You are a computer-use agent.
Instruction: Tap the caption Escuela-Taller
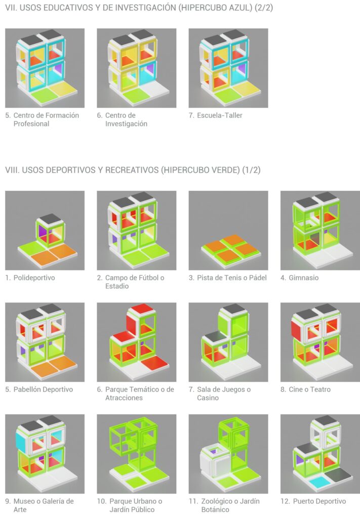220,115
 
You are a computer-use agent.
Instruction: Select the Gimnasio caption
303,278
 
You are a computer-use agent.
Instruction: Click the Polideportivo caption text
34,278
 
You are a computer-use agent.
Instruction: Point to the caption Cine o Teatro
309,390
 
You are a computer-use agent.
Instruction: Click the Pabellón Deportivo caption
43,390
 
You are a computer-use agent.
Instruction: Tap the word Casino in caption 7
208,398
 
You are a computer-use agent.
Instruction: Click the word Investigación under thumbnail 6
126,124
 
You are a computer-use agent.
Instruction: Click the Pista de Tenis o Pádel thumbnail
228,230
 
